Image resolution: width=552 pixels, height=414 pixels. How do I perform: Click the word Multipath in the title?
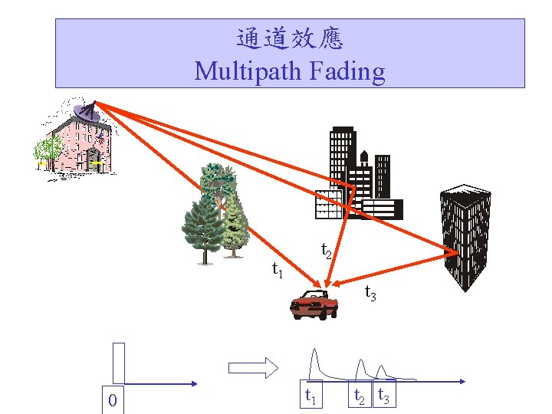(x=249, y=71)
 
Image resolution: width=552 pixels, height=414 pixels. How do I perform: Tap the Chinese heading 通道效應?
(x=290, y=38)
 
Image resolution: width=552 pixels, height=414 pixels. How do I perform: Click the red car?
(x=314, y=305)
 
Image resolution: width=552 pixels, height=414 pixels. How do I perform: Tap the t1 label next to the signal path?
(x=278, y=269)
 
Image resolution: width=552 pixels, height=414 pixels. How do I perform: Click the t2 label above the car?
(x=326, y=250)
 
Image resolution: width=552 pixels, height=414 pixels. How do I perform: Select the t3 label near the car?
(x=370, y=292)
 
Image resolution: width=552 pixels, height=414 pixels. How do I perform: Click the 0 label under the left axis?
(x=112, y=400)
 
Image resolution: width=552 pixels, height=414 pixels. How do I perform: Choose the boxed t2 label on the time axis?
(x=359, y=396)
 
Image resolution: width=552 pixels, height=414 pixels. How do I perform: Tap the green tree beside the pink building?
(x=51, y=150)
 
